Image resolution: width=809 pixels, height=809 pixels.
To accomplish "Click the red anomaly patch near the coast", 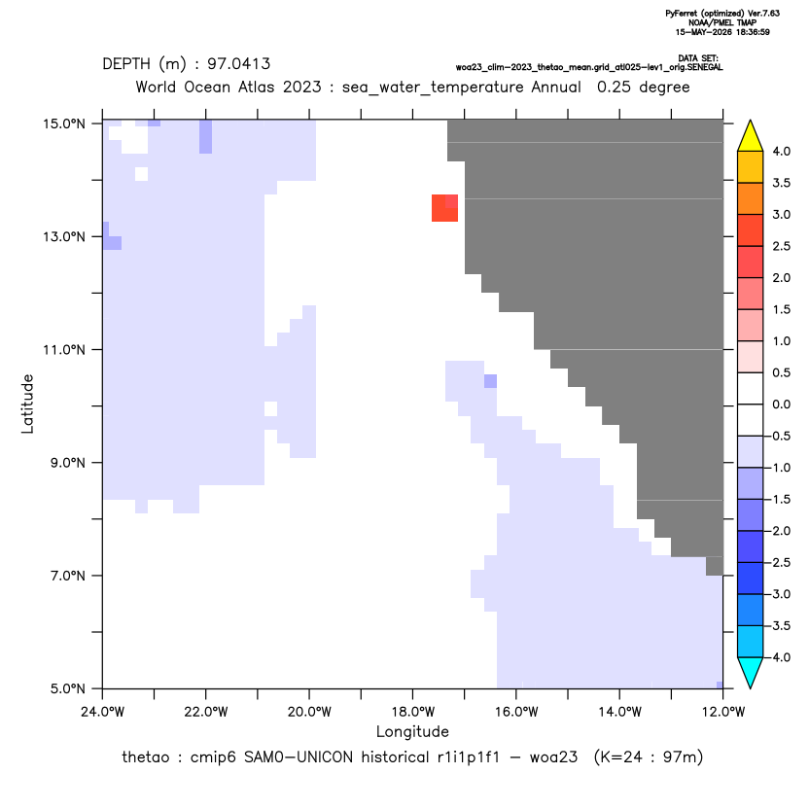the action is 444,208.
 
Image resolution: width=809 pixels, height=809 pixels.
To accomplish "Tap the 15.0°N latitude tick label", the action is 63,123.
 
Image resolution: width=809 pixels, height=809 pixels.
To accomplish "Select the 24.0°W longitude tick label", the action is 103,712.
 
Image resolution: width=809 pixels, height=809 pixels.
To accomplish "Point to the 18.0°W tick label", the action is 412,712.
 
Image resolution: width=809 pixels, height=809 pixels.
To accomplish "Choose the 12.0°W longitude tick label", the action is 723,712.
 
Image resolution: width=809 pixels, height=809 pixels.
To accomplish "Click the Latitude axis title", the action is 27,404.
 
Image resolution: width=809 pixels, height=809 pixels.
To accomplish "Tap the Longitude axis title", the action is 412,731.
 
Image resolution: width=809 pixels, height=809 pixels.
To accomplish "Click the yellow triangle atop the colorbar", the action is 751,136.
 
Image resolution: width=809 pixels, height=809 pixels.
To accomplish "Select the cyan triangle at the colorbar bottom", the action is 751,672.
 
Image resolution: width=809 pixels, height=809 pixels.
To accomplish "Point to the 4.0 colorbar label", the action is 781,152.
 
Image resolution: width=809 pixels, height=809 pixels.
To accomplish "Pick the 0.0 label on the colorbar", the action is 781,404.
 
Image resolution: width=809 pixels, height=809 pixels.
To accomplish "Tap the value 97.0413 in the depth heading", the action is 239,64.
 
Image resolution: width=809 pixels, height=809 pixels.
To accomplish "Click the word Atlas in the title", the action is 255,87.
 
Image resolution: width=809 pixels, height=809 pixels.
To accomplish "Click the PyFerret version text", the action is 722,14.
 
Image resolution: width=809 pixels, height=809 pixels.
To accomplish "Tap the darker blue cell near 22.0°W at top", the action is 206,137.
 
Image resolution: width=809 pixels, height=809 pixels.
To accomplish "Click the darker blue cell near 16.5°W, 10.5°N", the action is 491,381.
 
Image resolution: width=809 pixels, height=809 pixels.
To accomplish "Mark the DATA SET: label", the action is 698,58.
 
